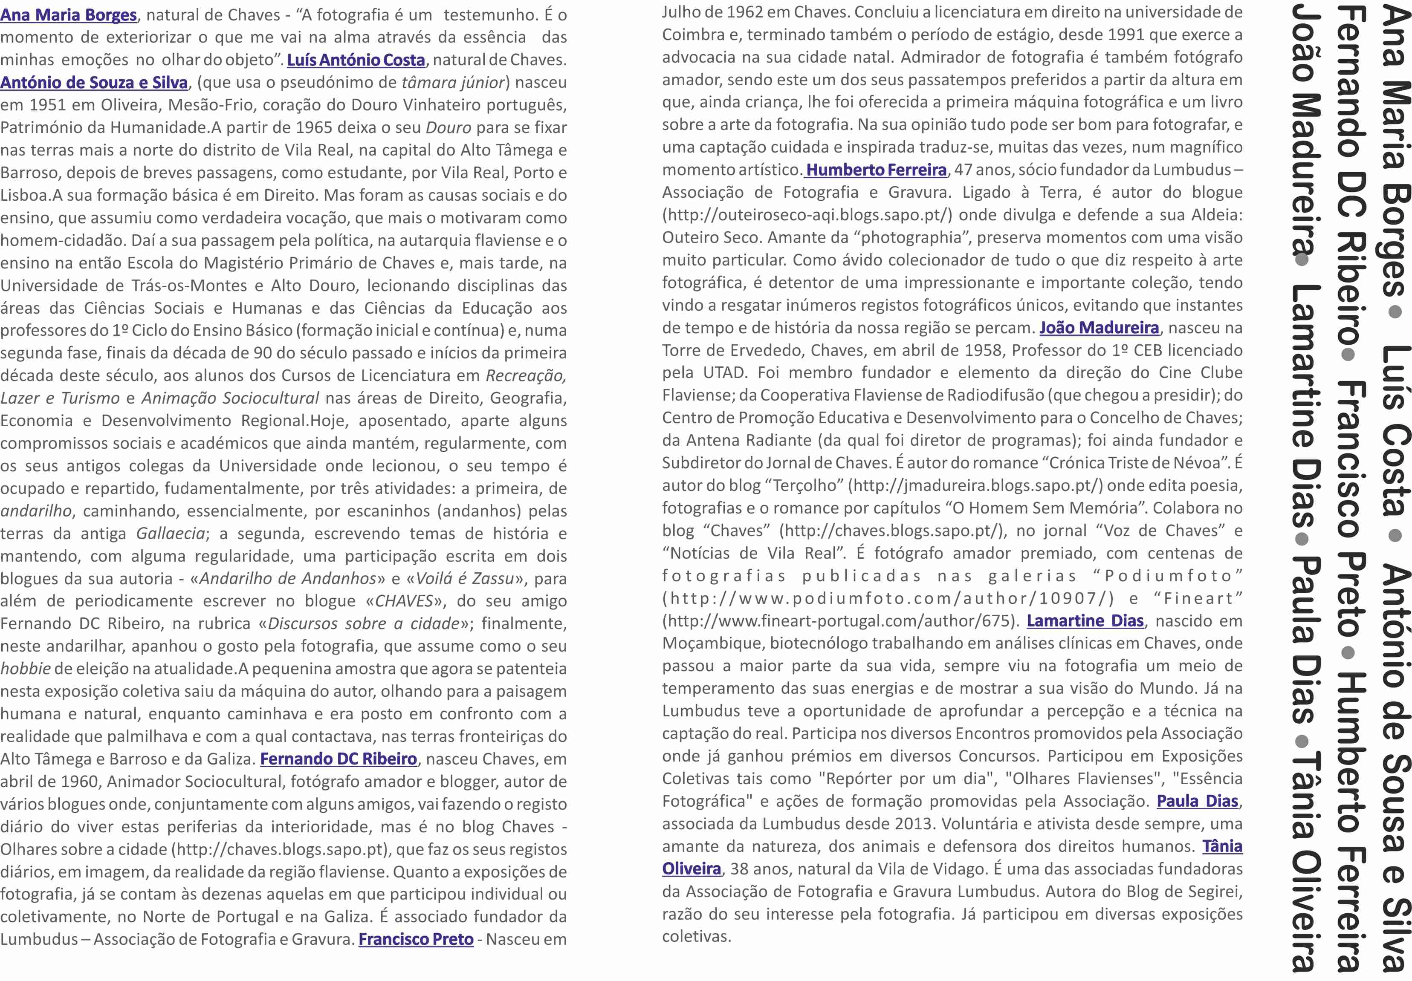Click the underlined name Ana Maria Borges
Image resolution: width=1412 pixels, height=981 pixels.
[x=68, y=15]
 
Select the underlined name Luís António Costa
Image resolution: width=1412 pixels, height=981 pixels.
[x=356, y=60]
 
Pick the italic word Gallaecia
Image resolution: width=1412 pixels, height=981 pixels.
[x=171, y=534]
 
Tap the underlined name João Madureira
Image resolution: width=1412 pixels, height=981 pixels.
[x=1099, y=328]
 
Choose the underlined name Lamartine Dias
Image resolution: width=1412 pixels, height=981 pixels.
[x=1085, y=621]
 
